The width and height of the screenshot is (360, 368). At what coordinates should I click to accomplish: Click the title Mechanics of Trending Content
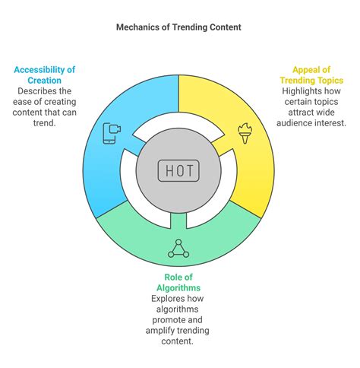(178, 27)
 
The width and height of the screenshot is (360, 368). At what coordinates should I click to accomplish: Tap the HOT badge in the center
(178, 170)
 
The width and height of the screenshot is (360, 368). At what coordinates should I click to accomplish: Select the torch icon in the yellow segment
(245, 133)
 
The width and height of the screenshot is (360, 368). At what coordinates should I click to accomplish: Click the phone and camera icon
(112, 133)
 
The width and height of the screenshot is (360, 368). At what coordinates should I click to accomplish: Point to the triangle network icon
(178, 249)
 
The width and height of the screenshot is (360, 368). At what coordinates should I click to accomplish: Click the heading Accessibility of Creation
(45, 75)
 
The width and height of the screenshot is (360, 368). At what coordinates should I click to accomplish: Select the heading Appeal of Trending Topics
(311, 75)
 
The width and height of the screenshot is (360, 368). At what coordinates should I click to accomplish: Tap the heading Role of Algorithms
(178, 282)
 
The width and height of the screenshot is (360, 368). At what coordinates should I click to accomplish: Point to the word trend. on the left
(44, 123)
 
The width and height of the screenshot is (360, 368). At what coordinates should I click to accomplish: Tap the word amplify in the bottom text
(160, 331)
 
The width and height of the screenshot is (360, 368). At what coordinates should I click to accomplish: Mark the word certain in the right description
(295, 102)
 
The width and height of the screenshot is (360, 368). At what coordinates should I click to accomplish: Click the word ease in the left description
(21, 102)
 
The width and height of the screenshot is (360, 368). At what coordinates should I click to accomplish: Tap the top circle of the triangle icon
(178, 242)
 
